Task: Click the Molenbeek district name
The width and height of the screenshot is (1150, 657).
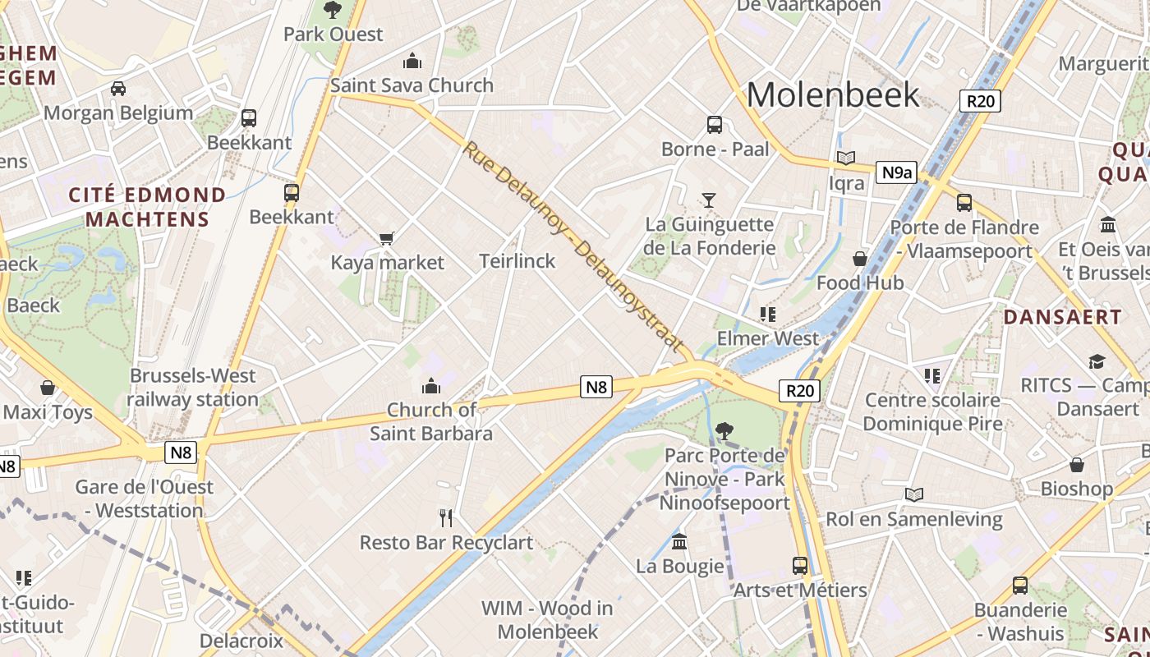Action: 832,95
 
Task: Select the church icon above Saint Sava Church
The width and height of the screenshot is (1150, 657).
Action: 412,61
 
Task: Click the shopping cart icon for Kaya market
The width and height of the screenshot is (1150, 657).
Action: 387,238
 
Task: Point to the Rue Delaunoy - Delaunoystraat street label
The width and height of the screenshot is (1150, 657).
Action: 573,246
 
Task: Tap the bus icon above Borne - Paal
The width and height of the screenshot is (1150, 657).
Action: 715,125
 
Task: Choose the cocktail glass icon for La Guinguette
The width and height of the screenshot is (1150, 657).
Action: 708,200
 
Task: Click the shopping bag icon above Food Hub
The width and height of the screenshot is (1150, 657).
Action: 859,259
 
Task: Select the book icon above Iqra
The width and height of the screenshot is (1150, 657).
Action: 846,158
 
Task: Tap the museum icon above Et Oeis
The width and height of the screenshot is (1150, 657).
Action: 1107,225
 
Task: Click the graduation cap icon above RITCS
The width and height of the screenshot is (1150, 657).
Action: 1097,361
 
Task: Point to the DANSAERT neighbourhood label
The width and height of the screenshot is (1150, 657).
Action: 1062,317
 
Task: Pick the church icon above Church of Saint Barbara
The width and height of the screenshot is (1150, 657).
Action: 430,386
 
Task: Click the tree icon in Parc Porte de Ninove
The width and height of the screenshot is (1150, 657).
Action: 724,430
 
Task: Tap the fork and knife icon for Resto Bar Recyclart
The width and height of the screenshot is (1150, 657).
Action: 446,517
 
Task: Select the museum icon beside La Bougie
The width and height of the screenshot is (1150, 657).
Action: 679,542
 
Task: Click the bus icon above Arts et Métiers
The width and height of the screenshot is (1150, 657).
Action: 800,565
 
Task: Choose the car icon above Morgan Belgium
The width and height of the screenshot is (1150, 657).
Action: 118,88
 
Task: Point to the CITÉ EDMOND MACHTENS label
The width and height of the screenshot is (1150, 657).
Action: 148,207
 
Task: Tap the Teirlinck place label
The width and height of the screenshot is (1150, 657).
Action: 517,261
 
